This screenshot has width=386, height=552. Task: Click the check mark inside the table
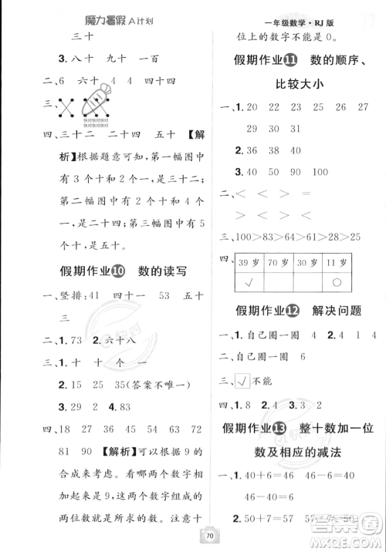click(x=249, y=281)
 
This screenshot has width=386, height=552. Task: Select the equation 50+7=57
click(x=273, y=519)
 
